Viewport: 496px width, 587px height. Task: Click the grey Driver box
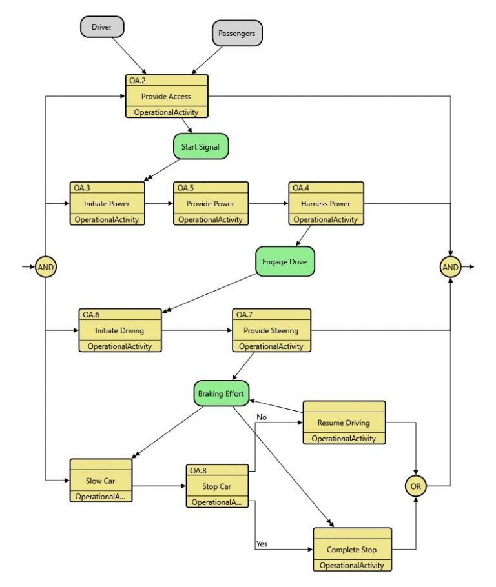click(x=102, y=27)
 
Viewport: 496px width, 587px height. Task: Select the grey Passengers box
click(x=237, y=33)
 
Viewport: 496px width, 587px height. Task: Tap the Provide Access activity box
click(x=167, y=96)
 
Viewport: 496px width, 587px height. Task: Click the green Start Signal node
click(x=200, y=146)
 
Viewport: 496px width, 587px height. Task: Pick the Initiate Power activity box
click(x=107, y=203)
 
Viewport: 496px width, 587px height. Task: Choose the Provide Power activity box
click(x=211, y=203)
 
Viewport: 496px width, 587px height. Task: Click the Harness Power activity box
click(x=325, y=203)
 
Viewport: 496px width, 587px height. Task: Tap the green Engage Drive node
click(x=285, y=262)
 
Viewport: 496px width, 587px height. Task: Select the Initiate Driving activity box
click(x=120, y=330)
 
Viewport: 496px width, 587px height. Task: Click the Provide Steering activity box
click(x=271, y=330)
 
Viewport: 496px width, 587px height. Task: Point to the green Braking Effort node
click(x=221, y=393)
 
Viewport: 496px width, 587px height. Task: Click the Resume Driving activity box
click(x=344, y=423)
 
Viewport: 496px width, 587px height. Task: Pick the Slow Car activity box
click(x=101, y=481)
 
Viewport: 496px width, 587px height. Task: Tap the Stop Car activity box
click(x=217, y=486)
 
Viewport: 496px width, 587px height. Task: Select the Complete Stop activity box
click(x=352, y=550)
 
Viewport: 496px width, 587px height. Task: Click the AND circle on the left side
click(x=46, y=266)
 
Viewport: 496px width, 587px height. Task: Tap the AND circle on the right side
click(x=450, y=266)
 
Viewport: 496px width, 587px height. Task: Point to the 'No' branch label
click(x=262, y=417)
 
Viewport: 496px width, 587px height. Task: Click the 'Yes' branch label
click(x=262, y=544)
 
